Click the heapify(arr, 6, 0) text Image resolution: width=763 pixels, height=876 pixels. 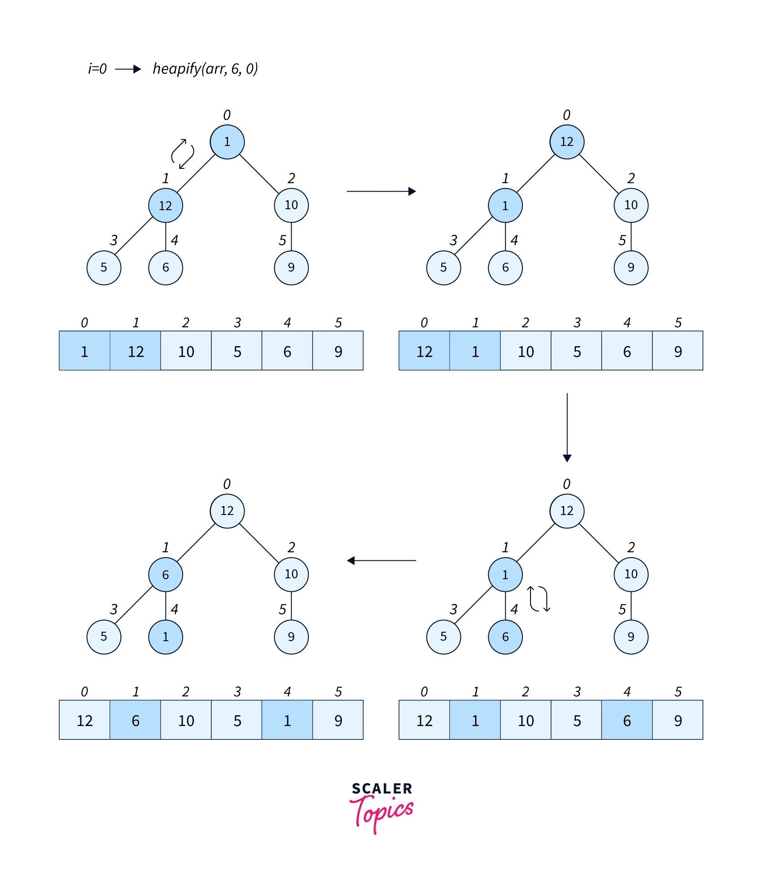(x=205, y=69)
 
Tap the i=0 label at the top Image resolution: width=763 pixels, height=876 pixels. (x=97, y=69)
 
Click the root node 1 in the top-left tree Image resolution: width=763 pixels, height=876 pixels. (x=227, y=142)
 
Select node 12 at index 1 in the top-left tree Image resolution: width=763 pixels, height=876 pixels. (x=166, y=205)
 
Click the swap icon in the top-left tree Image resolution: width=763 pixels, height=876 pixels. (x=183, y=154)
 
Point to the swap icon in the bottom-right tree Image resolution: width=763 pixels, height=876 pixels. (x=539, y=599)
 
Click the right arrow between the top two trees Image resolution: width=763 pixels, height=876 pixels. (x=381, y=192)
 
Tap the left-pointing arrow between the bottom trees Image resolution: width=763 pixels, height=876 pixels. (x=381, y=561)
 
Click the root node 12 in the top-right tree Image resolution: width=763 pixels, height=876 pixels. (x=567, y=142)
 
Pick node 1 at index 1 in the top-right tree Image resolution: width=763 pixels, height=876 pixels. (x=505, y=205)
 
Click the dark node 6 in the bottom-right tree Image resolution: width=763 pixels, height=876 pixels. (x=505, y=637)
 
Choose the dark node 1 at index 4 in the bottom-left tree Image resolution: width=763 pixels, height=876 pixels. (x=166, y=637)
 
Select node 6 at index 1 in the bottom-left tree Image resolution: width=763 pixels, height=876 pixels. (x=166, y=575)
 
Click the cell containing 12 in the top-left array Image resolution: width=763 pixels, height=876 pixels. (x=136, y=351)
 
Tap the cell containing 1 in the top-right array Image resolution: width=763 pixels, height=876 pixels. (x=475, y=351)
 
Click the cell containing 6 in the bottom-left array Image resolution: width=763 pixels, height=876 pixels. (x=136, y=720)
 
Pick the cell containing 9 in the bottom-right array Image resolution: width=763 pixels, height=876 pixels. (x=678, y=720)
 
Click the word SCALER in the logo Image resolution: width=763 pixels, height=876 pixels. (x=381, y=788)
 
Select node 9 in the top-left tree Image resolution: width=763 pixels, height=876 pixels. (x=291, y=268)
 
